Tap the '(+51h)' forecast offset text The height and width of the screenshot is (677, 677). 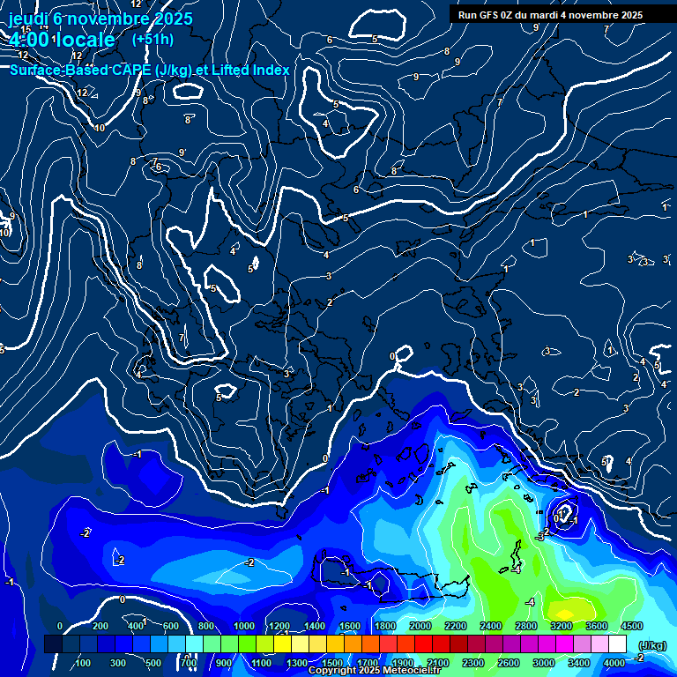click(153, 40)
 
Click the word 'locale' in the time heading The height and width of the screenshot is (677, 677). click(85, 40)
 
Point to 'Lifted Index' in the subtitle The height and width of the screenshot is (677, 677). click(249, 70)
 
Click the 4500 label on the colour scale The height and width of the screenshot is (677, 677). click(631, 626)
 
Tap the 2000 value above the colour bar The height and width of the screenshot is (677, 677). click(420, 626)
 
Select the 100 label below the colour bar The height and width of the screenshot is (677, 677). click(83, 663)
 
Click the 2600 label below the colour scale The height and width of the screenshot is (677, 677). click(507, 663)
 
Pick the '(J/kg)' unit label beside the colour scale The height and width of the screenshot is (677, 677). click(652, 646)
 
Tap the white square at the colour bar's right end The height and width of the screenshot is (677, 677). click(618, 645)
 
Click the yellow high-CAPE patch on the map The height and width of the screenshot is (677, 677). click(569, 608)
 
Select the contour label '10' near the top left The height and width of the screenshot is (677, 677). click(99, 128)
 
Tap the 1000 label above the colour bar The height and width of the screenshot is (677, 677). click(244, 626)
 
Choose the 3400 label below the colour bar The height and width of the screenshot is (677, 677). click(579, 663)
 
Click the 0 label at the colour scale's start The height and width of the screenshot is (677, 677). click(60, 626)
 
